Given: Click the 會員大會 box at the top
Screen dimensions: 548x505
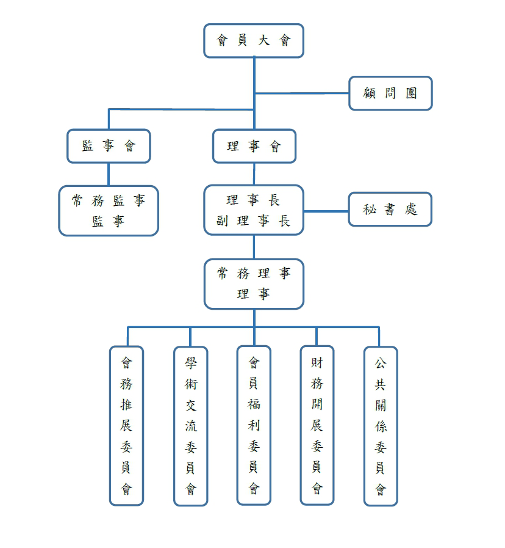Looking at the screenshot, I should (x=254, y=41).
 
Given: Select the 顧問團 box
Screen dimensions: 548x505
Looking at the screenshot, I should (x=390, y=93).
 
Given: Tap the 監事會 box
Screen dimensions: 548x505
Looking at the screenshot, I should (x=109, y=146).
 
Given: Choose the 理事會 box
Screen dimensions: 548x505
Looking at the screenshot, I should (x=254, y=147).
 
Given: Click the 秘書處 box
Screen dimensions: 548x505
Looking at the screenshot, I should (x=390, y=210).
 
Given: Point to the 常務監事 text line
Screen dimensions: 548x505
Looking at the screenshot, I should (x=109, y=200).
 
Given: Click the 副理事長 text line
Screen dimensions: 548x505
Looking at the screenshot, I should (x=254, y=221).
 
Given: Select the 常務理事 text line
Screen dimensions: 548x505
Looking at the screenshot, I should (x=254, y=274).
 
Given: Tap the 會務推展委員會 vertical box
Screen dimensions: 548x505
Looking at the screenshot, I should (x=126, y=426).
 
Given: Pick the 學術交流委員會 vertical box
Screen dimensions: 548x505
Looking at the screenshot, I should (x=191, y=426).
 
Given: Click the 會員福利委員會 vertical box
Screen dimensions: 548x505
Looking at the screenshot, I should (x=254, y=426).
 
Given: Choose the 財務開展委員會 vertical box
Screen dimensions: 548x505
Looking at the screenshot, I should (x=317, y=426).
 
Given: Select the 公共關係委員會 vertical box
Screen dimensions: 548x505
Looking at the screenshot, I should (x=381, y=426).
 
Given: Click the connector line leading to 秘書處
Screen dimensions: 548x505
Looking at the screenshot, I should (x=326, y=211).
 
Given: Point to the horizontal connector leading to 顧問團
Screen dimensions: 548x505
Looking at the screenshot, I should (x=302, y=93).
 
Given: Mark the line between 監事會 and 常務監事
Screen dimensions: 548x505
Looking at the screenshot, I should (x=109, y=174).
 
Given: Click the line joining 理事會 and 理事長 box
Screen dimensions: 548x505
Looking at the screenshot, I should (x=254, y=174).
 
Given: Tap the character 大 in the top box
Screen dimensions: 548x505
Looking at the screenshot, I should (x=263, y=41).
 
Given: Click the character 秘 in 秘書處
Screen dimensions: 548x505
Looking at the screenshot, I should (x=370, y=210).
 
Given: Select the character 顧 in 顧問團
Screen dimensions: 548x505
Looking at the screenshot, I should (x=370, y=93).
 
